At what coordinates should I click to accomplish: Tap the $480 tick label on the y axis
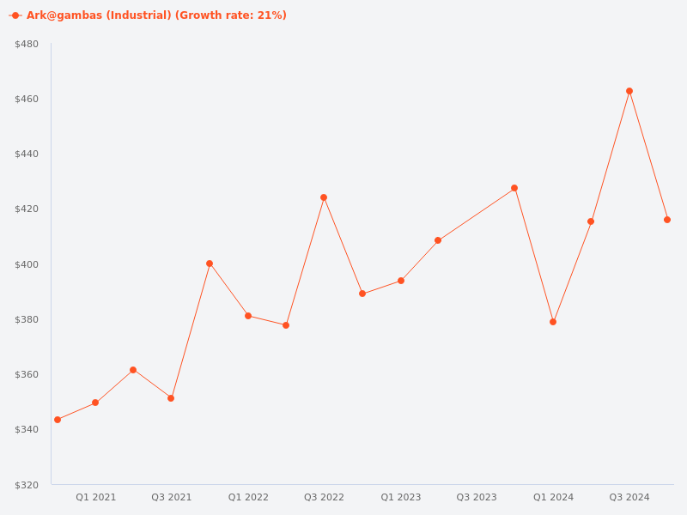click(27, 44)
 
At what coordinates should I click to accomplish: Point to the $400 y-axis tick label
click(27, 264)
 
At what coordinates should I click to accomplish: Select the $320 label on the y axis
click(27, 485)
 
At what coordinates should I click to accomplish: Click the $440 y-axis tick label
click(27, 154)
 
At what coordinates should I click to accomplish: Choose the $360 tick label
click(27, 375)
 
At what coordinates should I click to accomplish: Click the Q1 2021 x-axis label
click(95, 497)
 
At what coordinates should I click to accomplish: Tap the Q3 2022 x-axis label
click(324, 497)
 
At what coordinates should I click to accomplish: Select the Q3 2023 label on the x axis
click(477, 497)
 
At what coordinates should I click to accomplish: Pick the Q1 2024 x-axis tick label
click(553, 497)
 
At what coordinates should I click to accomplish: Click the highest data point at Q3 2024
click(629, 91)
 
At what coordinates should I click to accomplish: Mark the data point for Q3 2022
click(324, 197)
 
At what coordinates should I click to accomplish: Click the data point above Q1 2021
click(95, 403)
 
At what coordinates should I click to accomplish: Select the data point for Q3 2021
click(171, 398)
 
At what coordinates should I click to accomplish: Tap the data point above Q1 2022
click(248, 316)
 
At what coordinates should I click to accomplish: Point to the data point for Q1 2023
click(401, 281)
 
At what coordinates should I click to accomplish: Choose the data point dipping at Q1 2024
click(553, 322)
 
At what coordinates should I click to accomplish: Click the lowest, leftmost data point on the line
click(58, 420)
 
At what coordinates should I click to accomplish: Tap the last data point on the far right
click(667, 220)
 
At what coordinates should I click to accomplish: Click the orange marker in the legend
click(15, 15)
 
